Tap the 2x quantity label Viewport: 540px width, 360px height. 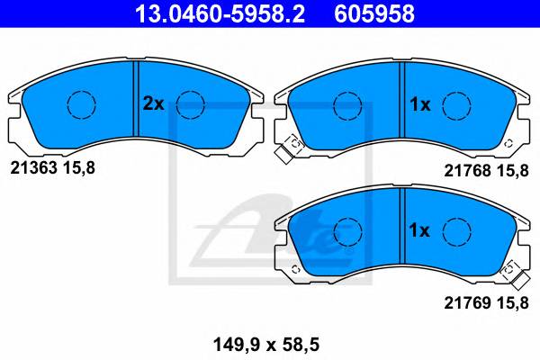(153, 104)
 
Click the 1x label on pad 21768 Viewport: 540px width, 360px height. (420, 104)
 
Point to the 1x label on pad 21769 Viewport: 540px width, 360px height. (420, 231)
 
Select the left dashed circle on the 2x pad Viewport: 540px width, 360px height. (82, 105)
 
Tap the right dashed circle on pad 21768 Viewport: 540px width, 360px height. (457, 105)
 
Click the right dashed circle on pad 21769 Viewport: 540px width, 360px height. (457, 233)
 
